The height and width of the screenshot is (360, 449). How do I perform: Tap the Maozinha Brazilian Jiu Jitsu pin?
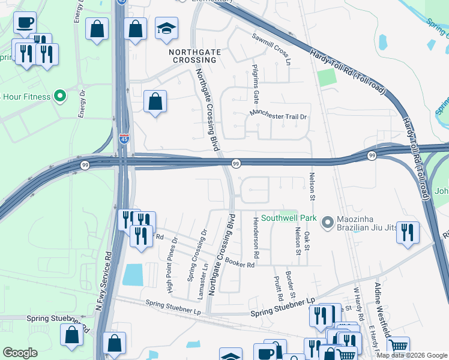328,223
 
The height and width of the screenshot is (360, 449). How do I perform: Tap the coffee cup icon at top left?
25,23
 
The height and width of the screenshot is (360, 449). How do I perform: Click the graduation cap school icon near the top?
166,28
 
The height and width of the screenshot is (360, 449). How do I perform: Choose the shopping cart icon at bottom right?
398,346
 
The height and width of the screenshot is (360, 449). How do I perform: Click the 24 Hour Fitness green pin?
59,95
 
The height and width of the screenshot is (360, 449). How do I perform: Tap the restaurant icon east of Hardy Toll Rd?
408,232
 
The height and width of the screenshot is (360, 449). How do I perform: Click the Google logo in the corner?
20,353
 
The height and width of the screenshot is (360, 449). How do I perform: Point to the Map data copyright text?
411,355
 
